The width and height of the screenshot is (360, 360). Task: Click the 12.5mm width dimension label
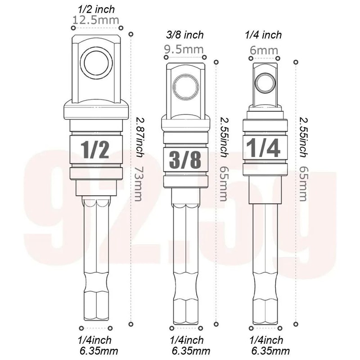click(x=95, y=20)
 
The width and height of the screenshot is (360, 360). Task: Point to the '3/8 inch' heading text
click(x=184, y=35)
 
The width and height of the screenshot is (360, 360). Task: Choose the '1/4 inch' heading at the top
click(x=264, y=35)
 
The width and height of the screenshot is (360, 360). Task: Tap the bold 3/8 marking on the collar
click(x=185, y=160)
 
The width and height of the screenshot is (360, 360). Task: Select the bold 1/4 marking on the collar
click(x=263, y=148)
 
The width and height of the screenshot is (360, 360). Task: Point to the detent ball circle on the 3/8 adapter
click(x=185, y=87)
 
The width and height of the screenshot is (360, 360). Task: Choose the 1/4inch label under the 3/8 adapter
click(x=185, y=340)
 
